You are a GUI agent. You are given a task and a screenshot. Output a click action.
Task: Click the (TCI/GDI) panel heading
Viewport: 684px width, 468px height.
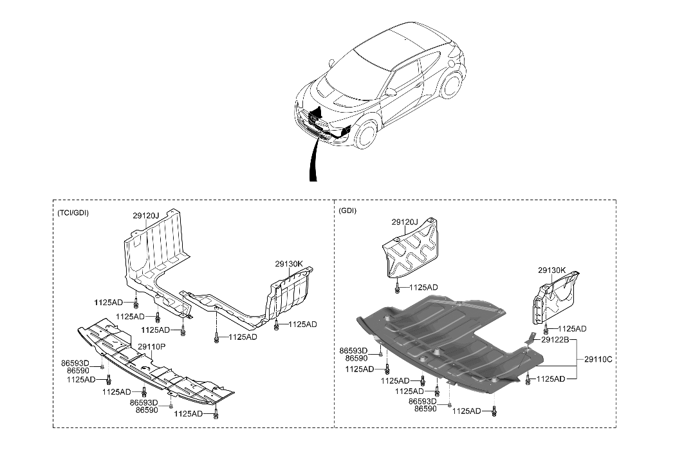click(x=72, y=213)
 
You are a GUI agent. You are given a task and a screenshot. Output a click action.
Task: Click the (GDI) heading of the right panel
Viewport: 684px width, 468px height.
click(x=347, y=211)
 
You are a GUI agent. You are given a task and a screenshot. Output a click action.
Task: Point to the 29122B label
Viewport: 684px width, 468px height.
click(x=555, y=339)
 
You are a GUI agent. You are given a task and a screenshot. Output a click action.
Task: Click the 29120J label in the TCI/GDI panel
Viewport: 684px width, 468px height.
click(x=146, y=216)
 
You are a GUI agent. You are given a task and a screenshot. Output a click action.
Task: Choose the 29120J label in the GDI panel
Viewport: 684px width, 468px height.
click(x=405, y=222)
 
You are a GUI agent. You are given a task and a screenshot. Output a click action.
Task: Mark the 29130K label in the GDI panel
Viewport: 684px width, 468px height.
click(x=552, y=270)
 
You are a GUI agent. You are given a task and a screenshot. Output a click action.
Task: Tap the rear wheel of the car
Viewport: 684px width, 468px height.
click(x=454, y=88)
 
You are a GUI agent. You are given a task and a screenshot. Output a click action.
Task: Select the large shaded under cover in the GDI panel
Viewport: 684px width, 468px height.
click(x=438, y=341)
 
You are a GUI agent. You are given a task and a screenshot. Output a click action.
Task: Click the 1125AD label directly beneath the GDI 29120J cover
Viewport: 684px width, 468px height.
click(x=423, y=286)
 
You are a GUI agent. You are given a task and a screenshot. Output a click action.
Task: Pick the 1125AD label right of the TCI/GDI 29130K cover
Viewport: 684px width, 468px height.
click(x=303, y=324)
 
